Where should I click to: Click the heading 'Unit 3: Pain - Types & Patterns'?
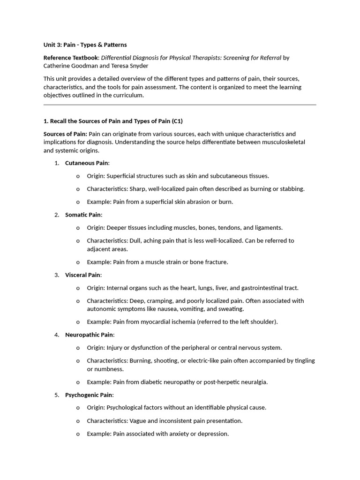click(x=85, y=45)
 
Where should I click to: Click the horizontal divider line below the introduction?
click(x=180, y=105)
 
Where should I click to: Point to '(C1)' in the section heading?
click(x=177, y=121)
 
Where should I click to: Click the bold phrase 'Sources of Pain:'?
click(x=65, y=134)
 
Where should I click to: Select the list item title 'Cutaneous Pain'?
click(x=87, y=163)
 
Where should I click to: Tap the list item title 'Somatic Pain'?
click(x=83, y=215)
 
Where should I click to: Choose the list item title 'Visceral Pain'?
click(x=82, y=275)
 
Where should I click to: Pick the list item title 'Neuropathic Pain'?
click(x=89, y=335)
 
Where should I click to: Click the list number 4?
click(x=56, y=335)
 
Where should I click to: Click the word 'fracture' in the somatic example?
click(x=216, y=262)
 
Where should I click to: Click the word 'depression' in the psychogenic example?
click(x=213, y=434)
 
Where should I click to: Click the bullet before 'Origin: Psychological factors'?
click(x=78, y=408)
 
